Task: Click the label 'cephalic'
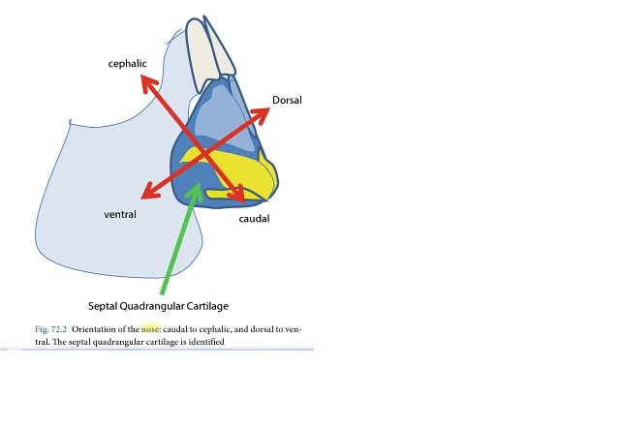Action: pos(127,63)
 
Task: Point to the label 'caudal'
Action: pos(254,219)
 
